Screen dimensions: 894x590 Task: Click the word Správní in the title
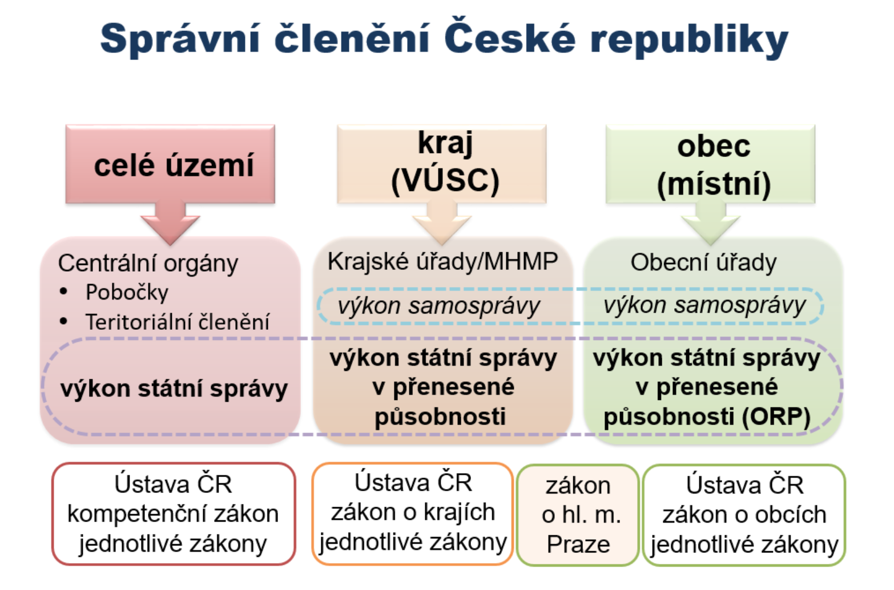click(x=180, y=39)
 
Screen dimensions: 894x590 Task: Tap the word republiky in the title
click(x=689, y=39)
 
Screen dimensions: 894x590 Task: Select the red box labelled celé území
click(x=171, y=164)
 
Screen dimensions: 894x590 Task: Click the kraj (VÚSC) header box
click(x=442, y=164)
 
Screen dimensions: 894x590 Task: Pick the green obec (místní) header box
click(x=710, y=164)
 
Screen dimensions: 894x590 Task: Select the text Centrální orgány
click(x=148, y=264)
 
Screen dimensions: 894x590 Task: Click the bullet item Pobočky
click(x=127, y=292)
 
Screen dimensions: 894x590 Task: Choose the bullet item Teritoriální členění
click(x=177, y=321)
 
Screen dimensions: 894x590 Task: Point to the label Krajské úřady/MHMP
click(x=442, y=262)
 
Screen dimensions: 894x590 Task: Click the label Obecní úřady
click(x=704, y=263)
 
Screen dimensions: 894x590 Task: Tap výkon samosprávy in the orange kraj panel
click(x=438, y=306)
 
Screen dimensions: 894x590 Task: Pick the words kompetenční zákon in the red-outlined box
click(x=173, y=514)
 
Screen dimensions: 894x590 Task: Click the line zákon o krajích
click(x=413, y=512)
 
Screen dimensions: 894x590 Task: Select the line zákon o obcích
click(x=744, y=515)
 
